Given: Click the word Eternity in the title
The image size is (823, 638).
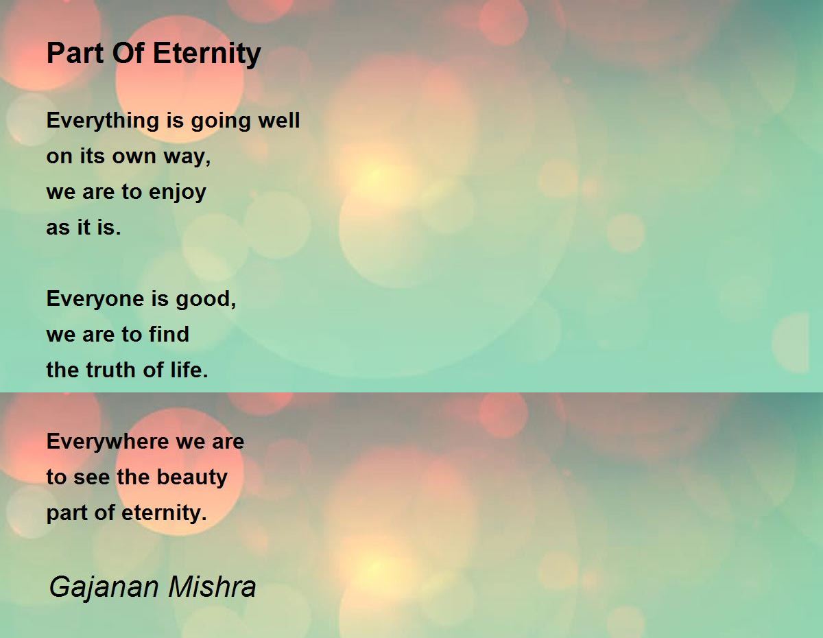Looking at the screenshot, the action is point(207,54).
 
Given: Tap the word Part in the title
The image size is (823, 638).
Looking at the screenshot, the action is point(75,53).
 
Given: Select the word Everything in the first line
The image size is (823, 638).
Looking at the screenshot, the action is point(103,121).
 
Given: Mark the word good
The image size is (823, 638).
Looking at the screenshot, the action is point(206,300).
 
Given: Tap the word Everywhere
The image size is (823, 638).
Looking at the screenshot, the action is point(108,442).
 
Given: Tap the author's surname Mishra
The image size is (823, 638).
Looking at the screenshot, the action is point(212,587).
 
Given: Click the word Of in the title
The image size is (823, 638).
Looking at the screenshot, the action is point(128,53).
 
